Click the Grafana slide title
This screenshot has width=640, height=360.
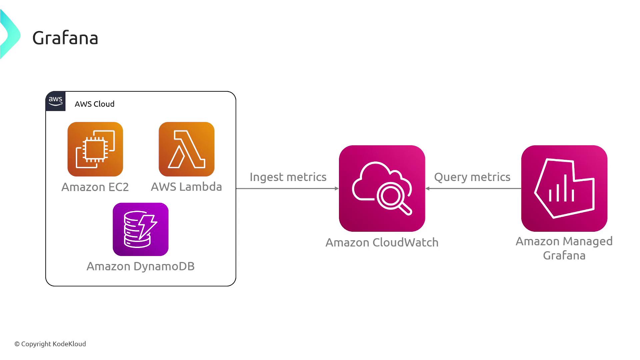click(65, 38)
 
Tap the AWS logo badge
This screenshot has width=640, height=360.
click(55, 101)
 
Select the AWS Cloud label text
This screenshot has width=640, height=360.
click(95, 104)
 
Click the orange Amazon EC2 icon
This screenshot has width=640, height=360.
click(95, 149)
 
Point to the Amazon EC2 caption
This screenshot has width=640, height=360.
click(95, 187)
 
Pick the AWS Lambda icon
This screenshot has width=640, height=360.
click(187, 149)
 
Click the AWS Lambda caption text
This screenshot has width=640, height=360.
click(186, 187)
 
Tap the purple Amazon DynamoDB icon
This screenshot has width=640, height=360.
click(141, 229)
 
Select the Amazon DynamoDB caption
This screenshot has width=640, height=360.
click(141, 266)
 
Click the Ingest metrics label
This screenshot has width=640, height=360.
click(288, 177)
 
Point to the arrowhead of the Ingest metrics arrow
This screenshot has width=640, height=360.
click(337, 188)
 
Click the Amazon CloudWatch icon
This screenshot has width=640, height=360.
click(382, 188)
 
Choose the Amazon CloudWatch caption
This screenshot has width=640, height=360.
click(382, 242)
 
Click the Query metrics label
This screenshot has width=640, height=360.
click(472, 177)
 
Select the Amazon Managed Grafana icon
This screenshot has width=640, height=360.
click(564, 188)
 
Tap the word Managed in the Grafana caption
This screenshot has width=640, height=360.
click(588, 241)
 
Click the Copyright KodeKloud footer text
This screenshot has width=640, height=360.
click(50, 344)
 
